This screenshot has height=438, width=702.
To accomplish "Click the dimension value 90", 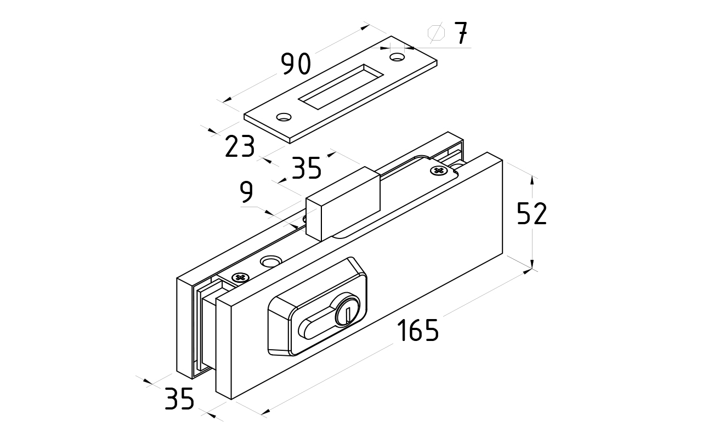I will [296, 64].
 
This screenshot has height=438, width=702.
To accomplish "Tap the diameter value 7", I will [461, 34].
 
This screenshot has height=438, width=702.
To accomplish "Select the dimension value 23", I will [240, 146].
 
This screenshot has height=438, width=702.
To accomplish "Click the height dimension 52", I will [532, 214].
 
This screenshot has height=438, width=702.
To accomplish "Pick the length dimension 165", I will [418, 330].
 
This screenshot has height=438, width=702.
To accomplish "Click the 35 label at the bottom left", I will [179, 399].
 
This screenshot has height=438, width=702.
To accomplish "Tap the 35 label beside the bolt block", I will [306, 168].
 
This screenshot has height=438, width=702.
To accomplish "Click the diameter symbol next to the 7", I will [437, 33].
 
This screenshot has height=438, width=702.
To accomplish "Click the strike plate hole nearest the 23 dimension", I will [284, 117].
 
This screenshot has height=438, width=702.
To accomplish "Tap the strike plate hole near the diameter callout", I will [396, 56].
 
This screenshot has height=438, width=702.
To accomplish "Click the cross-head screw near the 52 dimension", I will [438, 170].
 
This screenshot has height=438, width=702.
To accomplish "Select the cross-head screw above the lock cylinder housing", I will [239, 278].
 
